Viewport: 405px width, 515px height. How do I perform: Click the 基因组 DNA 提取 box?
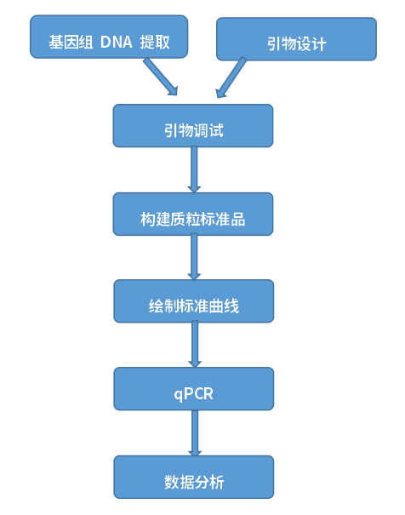click(x=110, y=38)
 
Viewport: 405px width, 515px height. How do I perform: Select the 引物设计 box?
click(x=295, y=40)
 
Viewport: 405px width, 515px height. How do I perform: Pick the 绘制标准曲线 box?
click(x=194, y=301)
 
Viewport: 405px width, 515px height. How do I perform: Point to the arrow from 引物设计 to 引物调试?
click(x=231, y=77)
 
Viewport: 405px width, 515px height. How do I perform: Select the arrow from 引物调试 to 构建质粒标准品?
click(x=194, y=169)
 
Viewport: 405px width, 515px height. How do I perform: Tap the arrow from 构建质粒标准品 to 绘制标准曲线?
click(x=194, y=257)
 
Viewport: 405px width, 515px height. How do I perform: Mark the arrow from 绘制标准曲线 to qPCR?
click(x=195, y=345)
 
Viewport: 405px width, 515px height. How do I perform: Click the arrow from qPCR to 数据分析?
click(x=195, y=432)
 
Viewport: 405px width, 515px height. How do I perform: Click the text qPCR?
click(x=194, y=393)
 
